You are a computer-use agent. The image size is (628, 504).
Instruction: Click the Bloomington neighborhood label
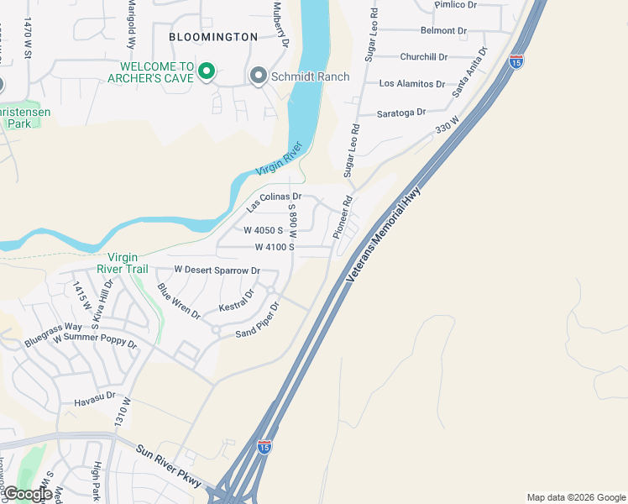(x=212, y=37)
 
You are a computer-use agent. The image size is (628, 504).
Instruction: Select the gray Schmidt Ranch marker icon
(x=259, y=77)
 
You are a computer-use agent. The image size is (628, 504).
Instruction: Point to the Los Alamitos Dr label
(x=411, y=84)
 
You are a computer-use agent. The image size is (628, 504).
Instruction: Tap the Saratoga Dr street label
(x=401, y=112)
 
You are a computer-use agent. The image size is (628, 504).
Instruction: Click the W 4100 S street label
(x=275, y=247)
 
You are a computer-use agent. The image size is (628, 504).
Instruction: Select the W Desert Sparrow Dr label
(x=217, y=270)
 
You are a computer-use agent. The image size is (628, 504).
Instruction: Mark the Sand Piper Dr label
(x=257, y=320)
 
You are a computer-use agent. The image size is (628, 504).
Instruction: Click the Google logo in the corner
(x=27, y=494)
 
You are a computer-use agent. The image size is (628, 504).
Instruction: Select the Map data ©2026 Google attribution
(x=575, y=497)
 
